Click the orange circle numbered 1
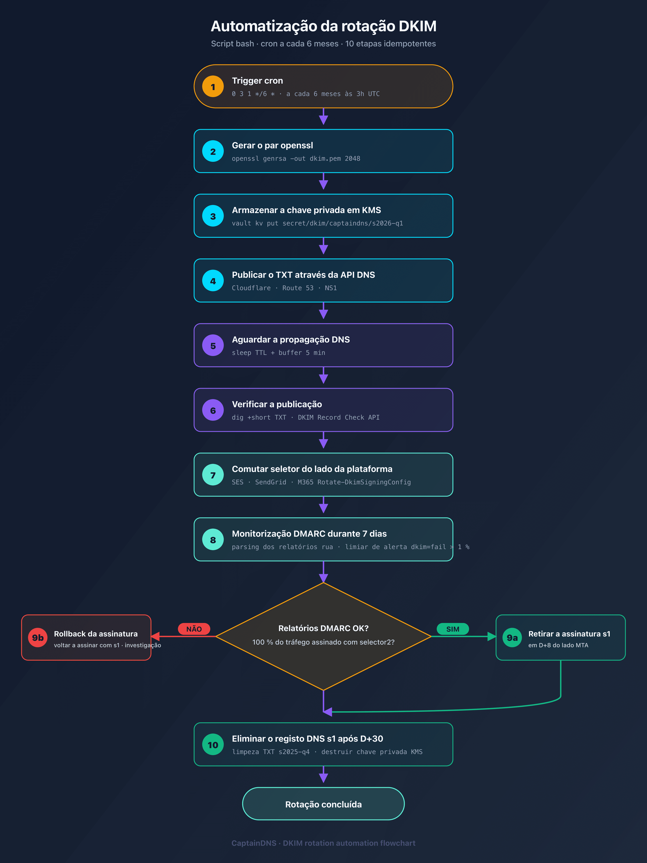click(213, 87)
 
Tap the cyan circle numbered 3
click(213, 216)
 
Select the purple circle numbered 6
click(213, 410)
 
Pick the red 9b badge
click(38, 638)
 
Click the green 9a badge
click(512, 638)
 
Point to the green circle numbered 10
click(213, 745)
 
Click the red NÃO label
click(194, 629)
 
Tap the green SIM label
click(453, 629)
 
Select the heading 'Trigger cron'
click(257, 81)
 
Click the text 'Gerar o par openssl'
click(272, 145)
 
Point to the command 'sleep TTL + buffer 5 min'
click(278, 353)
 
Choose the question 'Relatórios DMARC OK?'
click(323, 628)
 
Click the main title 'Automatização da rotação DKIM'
click(323, 26)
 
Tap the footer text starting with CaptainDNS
click(323, 843)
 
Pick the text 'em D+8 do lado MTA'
click(558, 645)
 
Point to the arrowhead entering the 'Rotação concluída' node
click(323, 778)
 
